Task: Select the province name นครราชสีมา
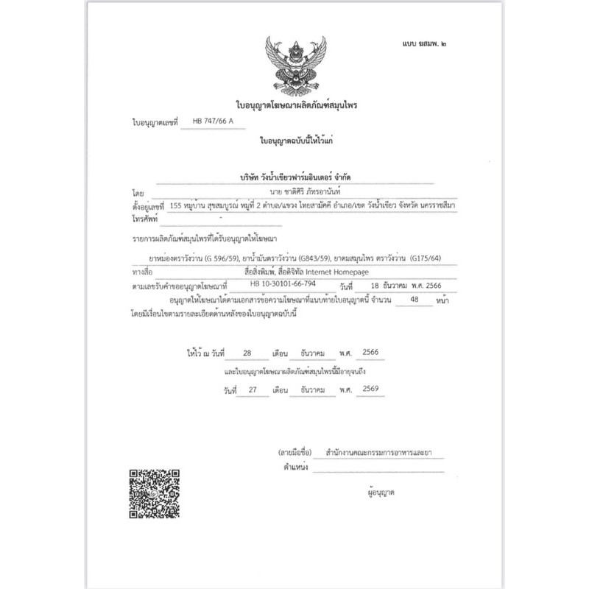coord(434,207)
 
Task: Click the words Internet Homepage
coord(345,270)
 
